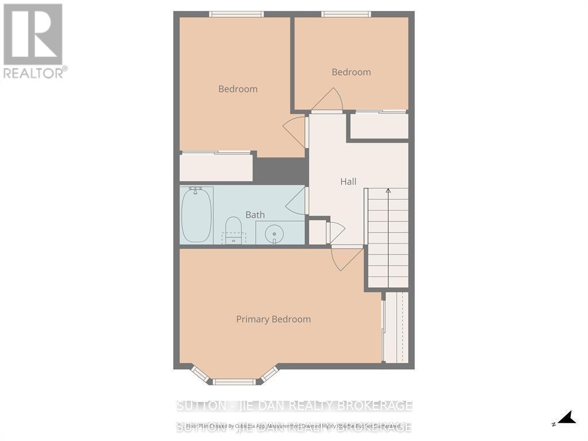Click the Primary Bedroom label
273,319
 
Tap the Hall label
348,181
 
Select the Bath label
255,215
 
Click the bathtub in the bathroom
196,215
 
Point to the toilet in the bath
233,229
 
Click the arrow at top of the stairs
388,191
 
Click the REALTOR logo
33,40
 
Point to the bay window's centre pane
234,381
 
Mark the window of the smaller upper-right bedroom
346,14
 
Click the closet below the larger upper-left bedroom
216,168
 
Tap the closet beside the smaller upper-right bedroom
379,126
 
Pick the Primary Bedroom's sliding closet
396,327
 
